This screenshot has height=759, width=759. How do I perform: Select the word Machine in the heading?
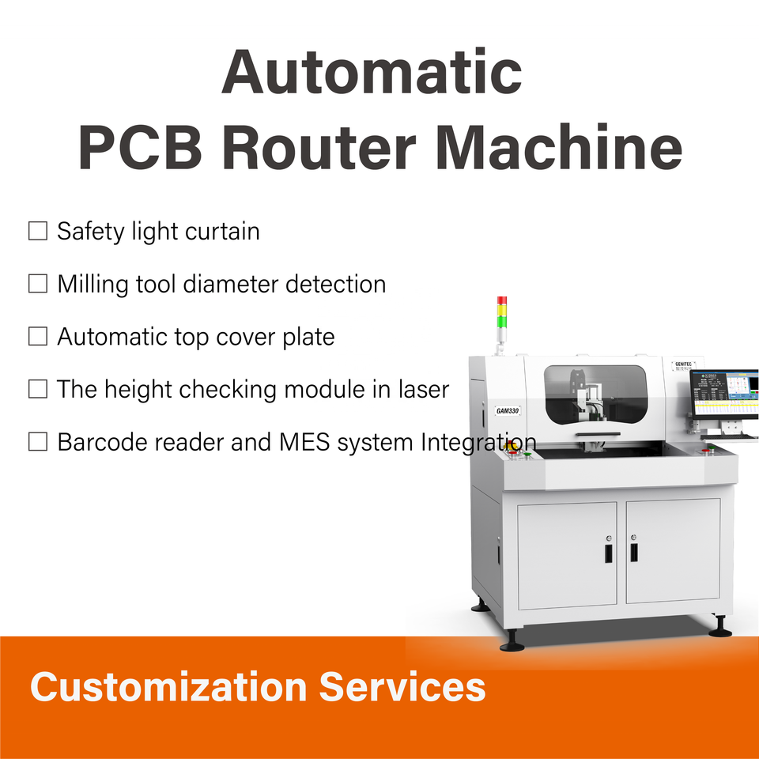tap(558, 147)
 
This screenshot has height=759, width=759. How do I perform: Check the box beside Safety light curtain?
tap(38, 232)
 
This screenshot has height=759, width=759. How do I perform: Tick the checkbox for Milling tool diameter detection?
tap(38, 284)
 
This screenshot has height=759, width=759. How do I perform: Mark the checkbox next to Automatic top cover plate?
tap(38, 337)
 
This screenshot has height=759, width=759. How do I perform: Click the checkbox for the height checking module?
tap(38, 389)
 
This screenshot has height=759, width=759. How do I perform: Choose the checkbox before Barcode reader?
tap(38, 442)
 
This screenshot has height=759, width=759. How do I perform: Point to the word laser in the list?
tap(417, 389)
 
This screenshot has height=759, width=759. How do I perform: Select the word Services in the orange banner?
tap(402, 686)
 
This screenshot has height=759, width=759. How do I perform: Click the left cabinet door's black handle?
tap(606, 550)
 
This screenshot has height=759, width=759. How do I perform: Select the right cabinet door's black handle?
tap(634, 550)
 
